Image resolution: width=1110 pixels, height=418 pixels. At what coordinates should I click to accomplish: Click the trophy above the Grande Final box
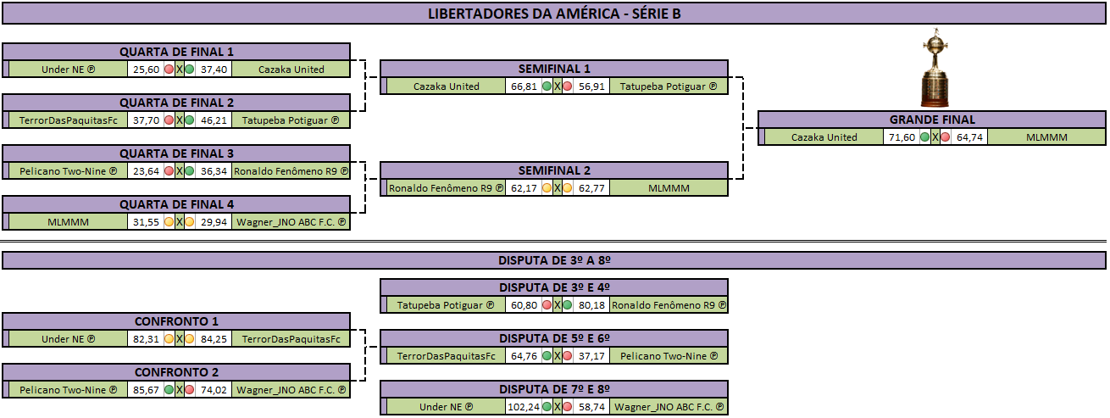[x=935, y=68]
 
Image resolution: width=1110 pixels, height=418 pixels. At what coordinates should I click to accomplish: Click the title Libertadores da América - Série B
[x=554, y=14]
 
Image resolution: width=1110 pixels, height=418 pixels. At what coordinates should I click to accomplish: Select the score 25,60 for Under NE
[x=146, y=70]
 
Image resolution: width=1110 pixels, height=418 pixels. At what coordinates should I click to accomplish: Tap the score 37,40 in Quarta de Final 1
[x=214, y=70]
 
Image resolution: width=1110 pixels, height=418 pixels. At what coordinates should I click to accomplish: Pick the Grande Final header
[x=931, y=120]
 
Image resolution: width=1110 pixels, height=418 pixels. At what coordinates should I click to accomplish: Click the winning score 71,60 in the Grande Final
[x=902, y=137]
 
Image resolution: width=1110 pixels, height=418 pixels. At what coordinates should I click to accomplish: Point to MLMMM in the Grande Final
[x=1046, y=137]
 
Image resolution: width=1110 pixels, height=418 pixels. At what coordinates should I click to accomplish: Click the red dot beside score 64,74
[x=946, y=137]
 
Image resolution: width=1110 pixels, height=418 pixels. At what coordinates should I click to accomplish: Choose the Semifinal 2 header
[x=554, y=170]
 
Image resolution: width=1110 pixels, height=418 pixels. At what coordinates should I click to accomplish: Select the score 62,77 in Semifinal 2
[x=591, y=188]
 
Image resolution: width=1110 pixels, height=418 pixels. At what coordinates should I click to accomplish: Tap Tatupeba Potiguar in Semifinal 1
[x=669, y=86]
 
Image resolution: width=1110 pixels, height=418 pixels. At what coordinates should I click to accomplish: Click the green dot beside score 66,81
[x=547, y=86]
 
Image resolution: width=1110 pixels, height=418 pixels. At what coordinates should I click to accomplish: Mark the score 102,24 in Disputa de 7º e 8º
[x=524, y=407]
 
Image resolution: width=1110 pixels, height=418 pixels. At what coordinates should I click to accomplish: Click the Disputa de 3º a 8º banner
[x=554, y=260]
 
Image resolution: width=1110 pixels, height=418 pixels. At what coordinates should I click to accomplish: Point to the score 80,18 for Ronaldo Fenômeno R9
[x=591, y=305]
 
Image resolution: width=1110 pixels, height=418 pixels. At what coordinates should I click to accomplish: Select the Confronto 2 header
[x=176, y=372]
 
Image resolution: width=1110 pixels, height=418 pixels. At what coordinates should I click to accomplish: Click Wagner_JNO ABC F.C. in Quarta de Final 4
[x=291, y=222]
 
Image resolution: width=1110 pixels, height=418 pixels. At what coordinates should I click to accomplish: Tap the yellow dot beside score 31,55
[x=169, y=222]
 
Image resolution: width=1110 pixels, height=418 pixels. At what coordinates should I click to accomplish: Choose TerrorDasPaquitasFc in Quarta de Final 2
[x=69, y=120]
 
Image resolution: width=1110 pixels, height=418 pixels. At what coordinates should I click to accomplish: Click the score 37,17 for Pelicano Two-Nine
[x=591, y=356]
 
